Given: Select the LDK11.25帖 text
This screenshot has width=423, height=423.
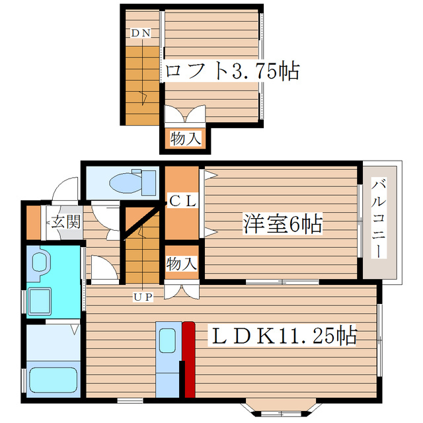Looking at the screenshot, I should pyautogui.click(x=283, y=336).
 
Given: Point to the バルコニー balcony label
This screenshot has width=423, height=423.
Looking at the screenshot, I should pyautogui.click(x=379, y=218).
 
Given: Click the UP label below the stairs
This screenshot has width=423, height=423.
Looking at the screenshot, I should pyautogui.click(x=143, y=297).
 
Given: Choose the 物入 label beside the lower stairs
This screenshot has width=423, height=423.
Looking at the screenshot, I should pyautogui.click(x=181, y=263).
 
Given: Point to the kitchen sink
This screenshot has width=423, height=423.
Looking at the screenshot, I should pyautogui.click(x=167, y=341).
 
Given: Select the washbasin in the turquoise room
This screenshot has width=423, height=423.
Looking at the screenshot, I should pyautogui.click(x=40, y=262).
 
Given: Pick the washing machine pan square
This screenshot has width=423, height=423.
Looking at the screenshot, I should pyautogui.click(x=45, y=302).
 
